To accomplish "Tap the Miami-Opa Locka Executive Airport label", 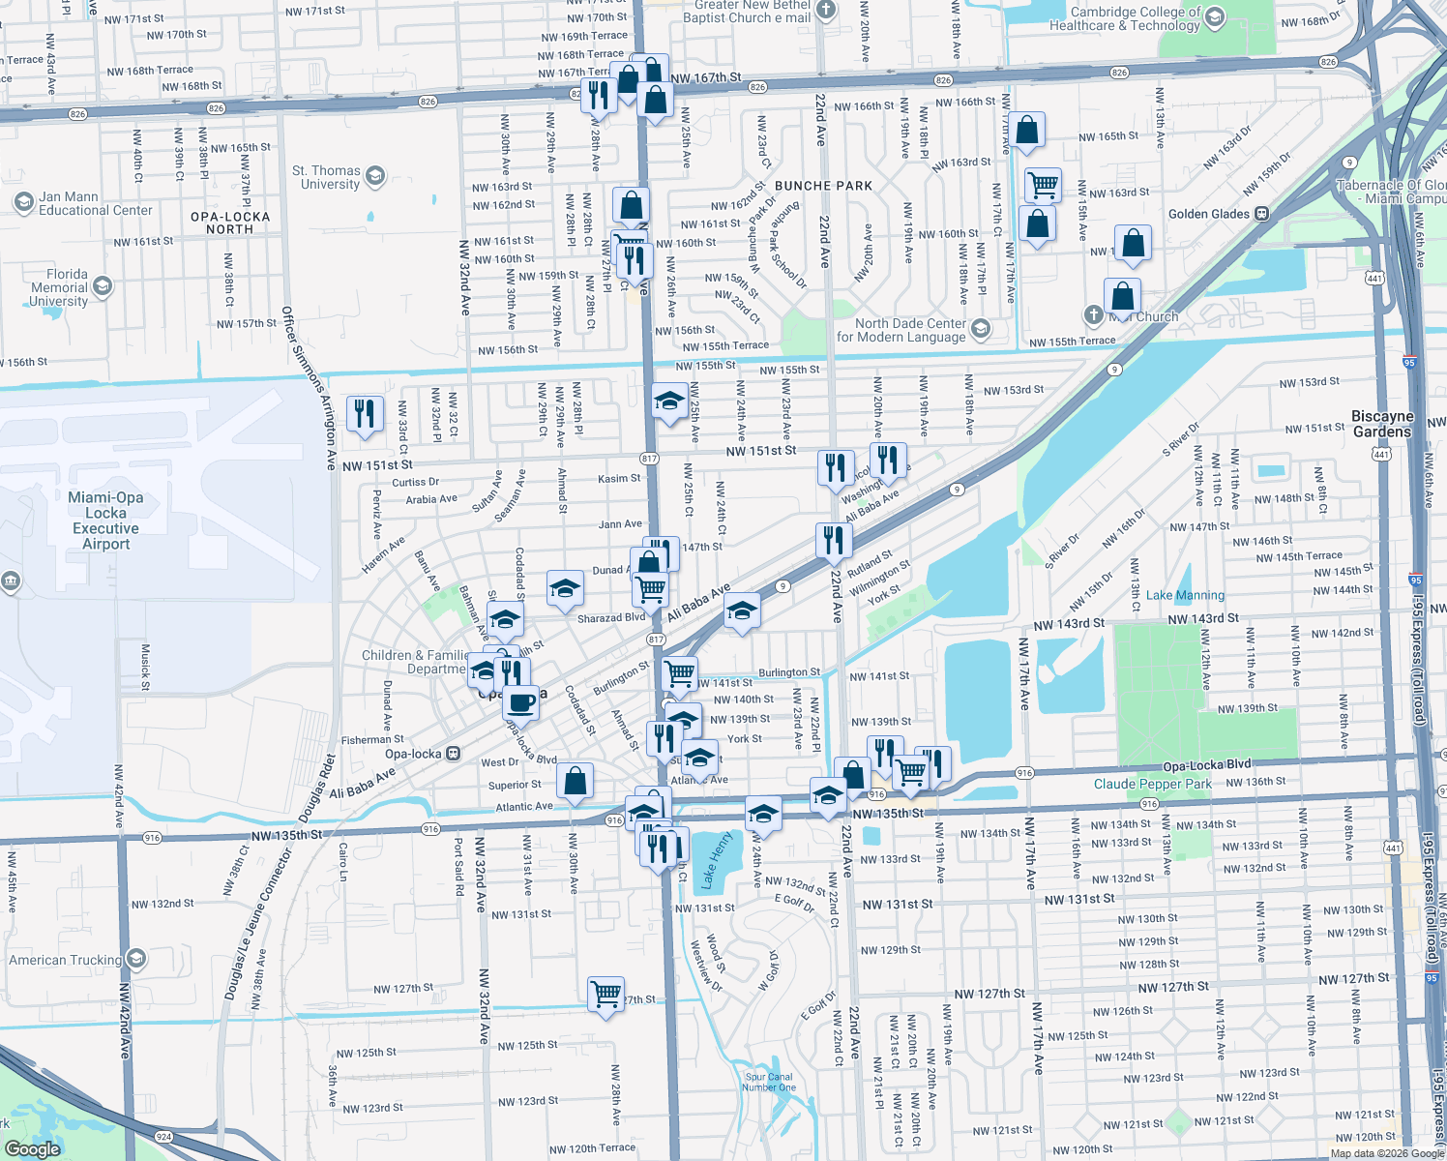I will (x=105, y=521).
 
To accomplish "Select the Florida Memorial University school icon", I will (x=103, y=286).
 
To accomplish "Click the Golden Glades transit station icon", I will (x=1261, y=214).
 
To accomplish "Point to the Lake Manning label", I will (x=1185, y=595).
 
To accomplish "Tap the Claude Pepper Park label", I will (x=1152, y=784).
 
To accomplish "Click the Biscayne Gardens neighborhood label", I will (x=1382, y=424).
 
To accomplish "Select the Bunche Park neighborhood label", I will (x=823, y=186).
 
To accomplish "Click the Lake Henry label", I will (x=717, y=860).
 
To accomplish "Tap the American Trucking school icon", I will (x=136, y=959).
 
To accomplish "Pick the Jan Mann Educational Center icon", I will (x=23, y=201).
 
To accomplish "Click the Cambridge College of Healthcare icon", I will (x=1215, y=17).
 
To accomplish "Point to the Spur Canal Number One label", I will (x=769, y=1082).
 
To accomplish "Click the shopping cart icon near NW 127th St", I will (x=605, y=994).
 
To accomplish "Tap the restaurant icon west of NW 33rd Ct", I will (x=364, y=414).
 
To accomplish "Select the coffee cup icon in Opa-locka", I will (x=520, y=702).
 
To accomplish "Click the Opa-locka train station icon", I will (x=453, y=754).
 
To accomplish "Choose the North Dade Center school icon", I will (x=980, y=329).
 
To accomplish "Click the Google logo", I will (x=32, y=1149).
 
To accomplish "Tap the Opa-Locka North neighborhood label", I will (x=230, y=223).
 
